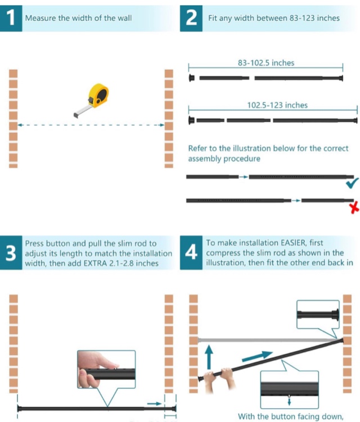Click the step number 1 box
(11, 18)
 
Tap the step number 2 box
(191, 18)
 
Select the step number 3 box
(11, 253)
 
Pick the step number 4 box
(191, 253)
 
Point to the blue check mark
(352, 183)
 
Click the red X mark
(354, 208)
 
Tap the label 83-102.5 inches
(266, 63)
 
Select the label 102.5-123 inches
(277, 105)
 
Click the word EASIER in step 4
(293, 243)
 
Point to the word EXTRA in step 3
(96, 263)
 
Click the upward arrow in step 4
(209, 357)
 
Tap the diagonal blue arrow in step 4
(257, 356)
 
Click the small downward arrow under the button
(289, 402)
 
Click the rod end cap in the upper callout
(335, 315)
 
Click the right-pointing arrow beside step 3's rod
(154, 403)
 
